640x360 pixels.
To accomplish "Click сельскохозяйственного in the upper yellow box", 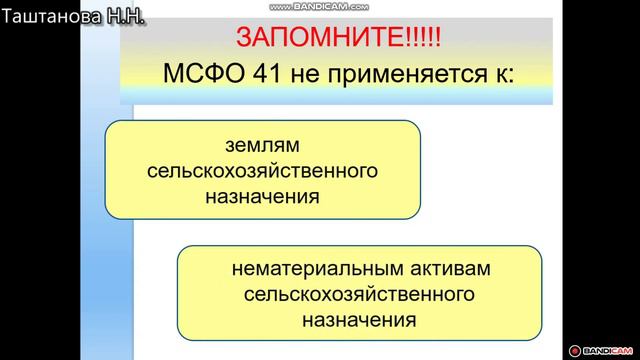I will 262,171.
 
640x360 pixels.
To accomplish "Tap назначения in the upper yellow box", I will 262,195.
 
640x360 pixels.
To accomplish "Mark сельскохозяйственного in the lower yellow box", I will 358,296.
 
